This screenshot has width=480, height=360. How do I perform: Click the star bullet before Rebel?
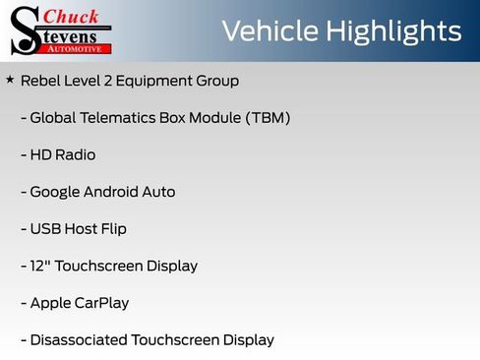point(10,79)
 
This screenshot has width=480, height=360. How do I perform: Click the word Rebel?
point(40,81)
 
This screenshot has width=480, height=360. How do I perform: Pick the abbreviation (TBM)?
point(265,118)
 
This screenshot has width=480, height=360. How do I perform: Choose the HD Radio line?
point(63,154)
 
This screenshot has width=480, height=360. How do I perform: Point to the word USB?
point(45,229)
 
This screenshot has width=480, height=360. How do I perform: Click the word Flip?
point(111,229)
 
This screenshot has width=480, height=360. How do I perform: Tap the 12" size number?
point(40,266)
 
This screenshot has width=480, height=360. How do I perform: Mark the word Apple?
point(49,303)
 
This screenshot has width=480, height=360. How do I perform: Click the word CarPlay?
point(101,303)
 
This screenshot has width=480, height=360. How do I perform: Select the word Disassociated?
point(78,340)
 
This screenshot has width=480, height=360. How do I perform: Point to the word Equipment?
point(156,81)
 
